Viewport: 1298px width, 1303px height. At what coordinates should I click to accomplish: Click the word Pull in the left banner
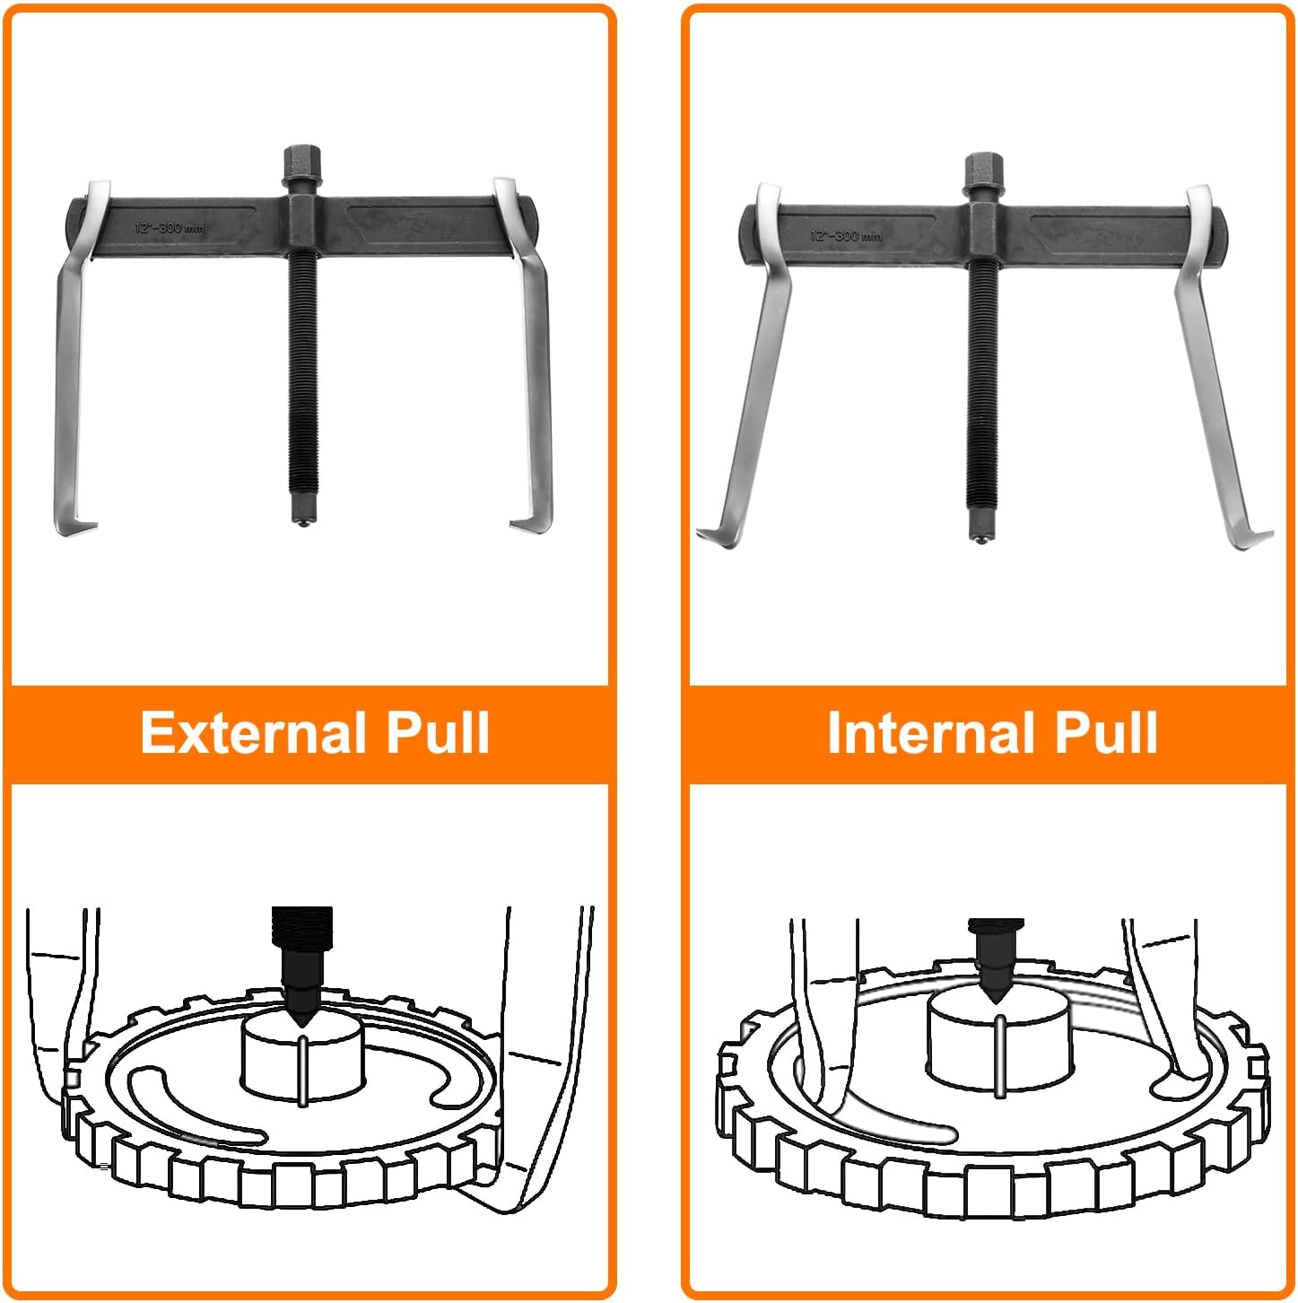(438, 732)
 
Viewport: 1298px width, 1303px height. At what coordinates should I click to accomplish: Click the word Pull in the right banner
(1105, 732)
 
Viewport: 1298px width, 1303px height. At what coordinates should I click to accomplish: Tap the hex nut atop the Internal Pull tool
(982, 171)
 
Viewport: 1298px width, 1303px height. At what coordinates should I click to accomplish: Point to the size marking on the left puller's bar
(170, 228)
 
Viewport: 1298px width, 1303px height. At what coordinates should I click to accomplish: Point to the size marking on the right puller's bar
(845, 235)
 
